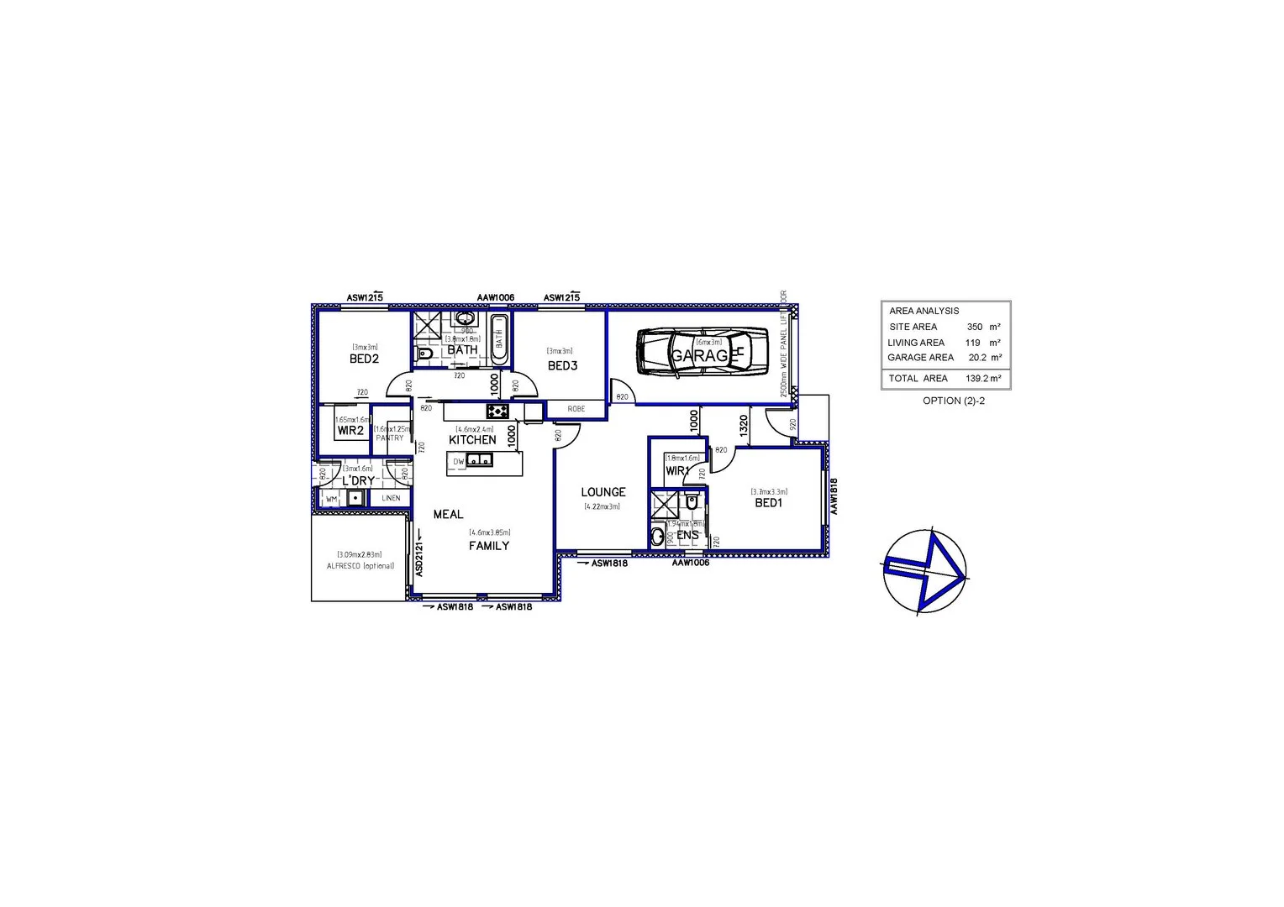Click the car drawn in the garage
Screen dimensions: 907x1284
pos(703,351)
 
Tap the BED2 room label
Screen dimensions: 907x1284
pos(364,359)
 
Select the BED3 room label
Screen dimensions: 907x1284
pos(562,365)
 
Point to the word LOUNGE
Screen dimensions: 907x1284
pos(603,492)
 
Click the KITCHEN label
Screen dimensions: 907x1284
pos(472,439)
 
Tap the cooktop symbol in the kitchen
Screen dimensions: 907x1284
pos(497,411)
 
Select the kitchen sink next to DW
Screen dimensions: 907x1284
pos(480,460)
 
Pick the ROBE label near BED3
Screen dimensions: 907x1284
pos(576,409)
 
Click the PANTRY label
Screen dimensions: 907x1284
pos(390,438)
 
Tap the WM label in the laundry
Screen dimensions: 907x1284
pos(331,499)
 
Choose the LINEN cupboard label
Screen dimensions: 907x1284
pos(391,498)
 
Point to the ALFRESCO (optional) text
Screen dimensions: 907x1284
pos(360,566)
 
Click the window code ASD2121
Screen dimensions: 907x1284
pos(419,558)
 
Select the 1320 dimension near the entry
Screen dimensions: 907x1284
pos(743,424)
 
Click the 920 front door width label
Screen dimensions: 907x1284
pos(792,425)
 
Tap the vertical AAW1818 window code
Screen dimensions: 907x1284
pos(834,496)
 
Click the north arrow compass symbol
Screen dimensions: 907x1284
pos(924,572)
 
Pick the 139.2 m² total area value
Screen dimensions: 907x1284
pos(982,379)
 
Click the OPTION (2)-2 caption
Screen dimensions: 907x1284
pos(953,401)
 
